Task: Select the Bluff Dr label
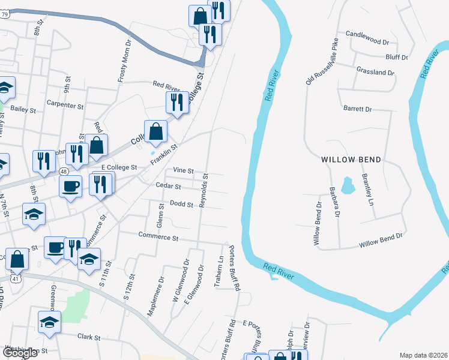point(397,58)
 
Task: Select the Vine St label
point(183,170)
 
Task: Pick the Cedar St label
point(168,186)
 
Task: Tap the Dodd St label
point(181,204)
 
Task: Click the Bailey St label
point(23,110)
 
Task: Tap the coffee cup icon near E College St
point(71,187)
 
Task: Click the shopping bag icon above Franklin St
point(155,131)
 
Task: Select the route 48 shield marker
point(63,172)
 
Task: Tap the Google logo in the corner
point(20,353)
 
